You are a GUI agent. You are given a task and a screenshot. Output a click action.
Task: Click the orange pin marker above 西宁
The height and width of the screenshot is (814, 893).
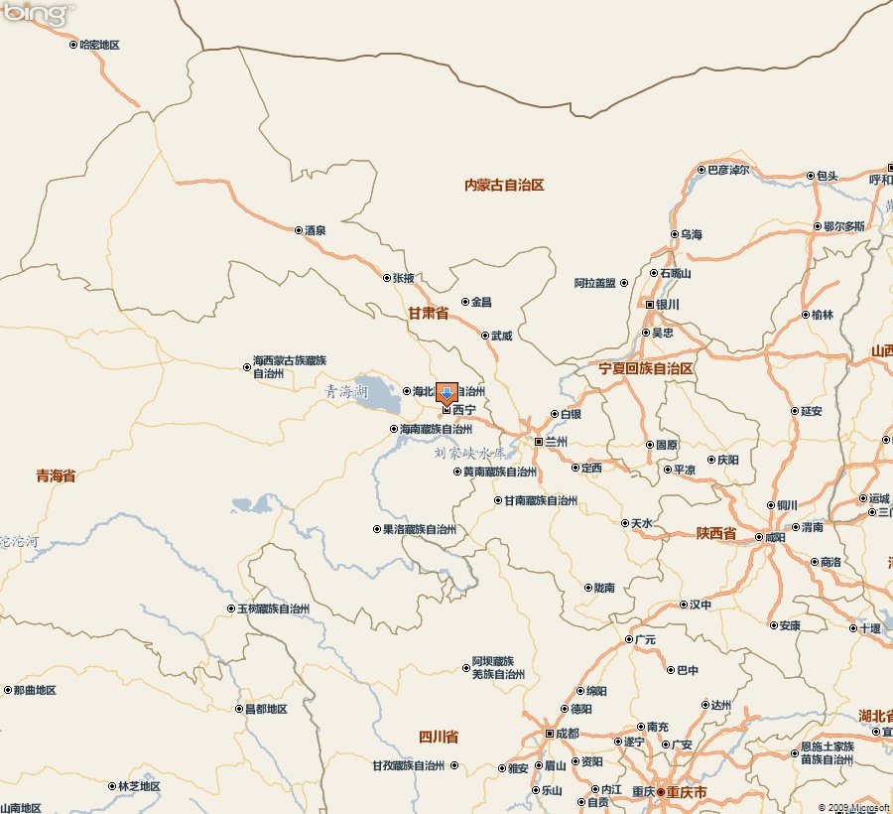coord(446,393)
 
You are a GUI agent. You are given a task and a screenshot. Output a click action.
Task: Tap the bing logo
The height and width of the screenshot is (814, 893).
coord(38,14)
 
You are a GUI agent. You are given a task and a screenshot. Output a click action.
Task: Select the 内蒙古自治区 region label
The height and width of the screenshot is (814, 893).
coord(505,186)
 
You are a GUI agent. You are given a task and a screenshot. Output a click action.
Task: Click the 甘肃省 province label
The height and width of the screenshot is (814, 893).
coord(428,314)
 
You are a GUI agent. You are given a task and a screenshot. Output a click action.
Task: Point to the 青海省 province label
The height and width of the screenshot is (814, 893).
coord(56,476)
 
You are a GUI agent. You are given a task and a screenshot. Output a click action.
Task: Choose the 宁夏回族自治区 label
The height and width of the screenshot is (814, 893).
coord(646,368)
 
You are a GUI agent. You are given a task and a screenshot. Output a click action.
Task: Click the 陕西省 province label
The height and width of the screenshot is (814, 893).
coord(715,534)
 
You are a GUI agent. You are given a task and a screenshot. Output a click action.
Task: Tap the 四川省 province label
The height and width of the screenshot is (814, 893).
coord(438,737)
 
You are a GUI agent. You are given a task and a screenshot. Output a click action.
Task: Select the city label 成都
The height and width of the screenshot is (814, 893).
coord(567,734)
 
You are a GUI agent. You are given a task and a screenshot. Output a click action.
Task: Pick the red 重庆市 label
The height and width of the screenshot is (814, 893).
coord(687,792)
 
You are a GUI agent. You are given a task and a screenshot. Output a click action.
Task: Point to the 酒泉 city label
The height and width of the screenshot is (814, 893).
coord(316,230)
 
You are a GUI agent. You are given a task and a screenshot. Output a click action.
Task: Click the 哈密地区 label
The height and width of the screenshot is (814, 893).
coord(99,45)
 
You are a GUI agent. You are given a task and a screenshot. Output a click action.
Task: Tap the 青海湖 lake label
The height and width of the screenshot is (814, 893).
coord(346,392)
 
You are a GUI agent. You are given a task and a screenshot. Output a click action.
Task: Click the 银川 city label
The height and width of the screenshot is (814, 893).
coord(667,304)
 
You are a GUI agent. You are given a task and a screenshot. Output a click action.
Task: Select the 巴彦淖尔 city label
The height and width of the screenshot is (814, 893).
coord(727,171)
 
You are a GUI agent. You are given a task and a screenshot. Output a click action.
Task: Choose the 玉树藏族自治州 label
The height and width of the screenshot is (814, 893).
coord(273,609)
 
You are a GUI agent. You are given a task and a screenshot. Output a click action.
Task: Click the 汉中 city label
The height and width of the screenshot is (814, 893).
coord(701,604)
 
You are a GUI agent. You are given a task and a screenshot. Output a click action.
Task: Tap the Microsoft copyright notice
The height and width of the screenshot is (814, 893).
coord(853,807)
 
